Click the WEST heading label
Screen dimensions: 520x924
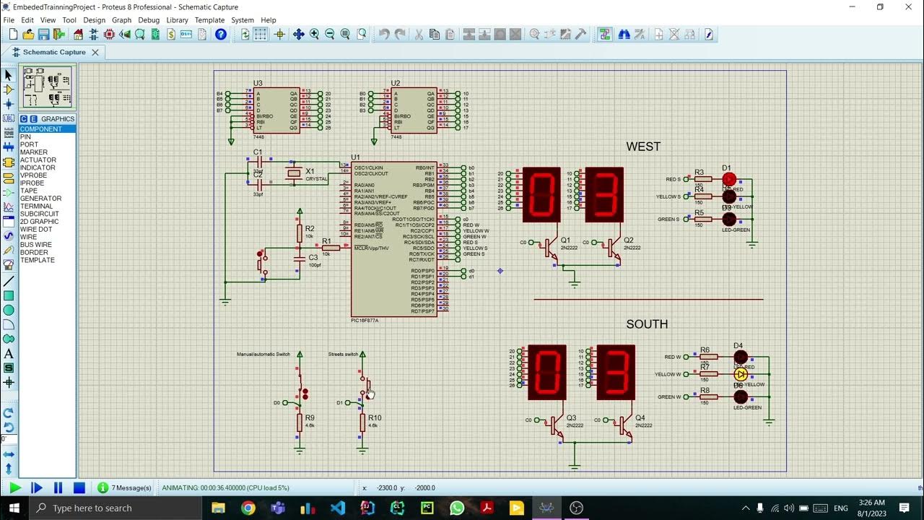pyautogui.click(x=642, y=147)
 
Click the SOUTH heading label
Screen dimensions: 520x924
pyautogui.click(x=647, y=324)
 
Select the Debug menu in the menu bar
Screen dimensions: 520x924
pyautogui.click(x=149, y=20)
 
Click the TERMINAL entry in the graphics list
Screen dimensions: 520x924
pyautogui.click(x=36, y=207)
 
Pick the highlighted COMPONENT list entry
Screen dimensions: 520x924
pyautogui.click(x=40, y=129)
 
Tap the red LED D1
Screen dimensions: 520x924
pyautogui.click(x=729, y=179)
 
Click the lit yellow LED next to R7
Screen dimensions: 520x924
pyautogui.click(x=741, y=375)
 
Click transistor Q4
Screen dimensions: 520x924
pyautogui.click(x=624, y=425)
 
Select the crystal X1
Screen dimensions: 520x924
pyautogui.click(x=293, y=173)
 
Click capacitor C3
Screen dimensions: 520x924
pyautogui.click(x=300, y=258)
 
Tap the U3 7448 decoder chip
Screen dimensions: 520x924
pyautogui.click(x=276, y=110)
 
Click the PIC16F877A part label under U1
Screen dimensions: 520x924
pyautogui.click(x=365, y=320)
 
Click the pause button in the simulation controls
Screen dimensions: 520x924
pyautogui.click(x=58, y=488)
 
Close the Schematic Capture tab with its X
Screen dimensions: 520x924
pyautogui.click(x=95, y=52)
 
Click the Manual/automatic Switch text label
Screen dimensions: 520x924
pyautogui.click(x=263, y=354)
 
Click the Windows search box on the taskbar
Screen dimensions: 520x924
pyautogui.click(x=115, y=508)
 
